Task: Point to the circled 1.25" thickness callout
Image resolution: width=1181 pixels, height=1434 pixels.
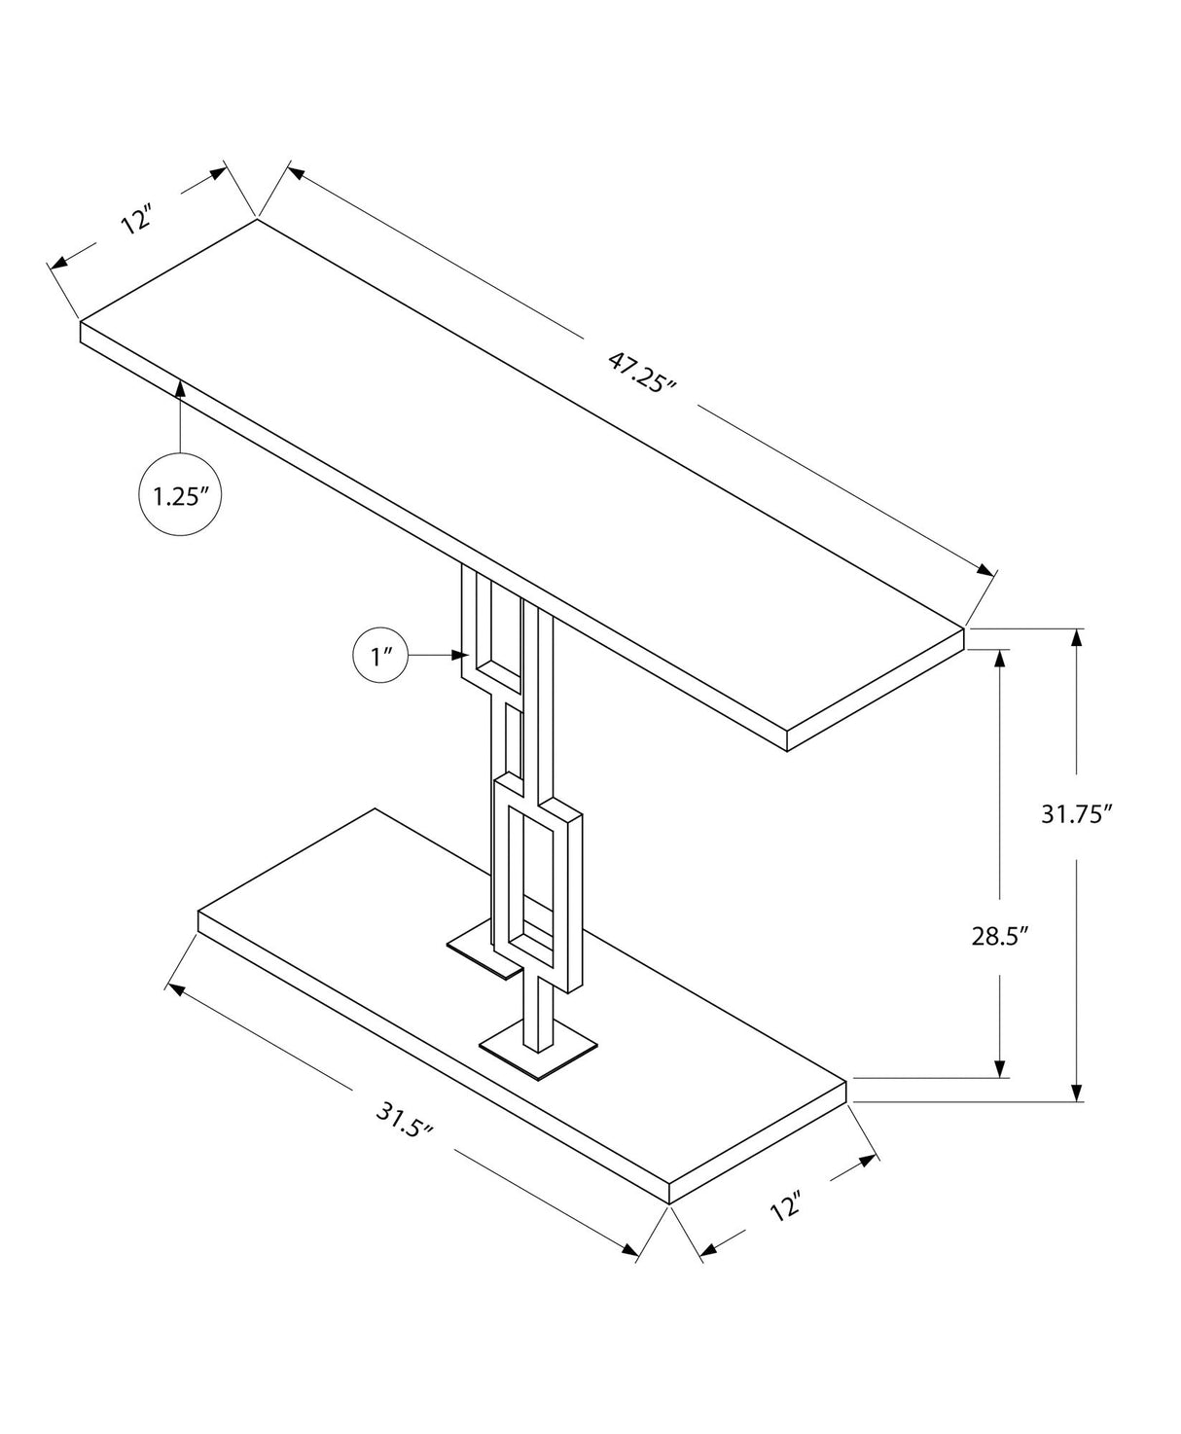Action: pos(181,495)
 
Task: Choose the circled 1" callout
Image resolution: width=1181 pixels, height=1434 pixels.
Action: pos(379,657)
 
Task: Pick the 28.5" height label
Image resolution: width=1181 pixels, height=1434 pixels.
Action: pos(999,936)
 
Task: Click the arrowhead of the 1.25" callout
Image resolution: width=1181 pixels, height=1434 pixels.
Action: pos(181,387)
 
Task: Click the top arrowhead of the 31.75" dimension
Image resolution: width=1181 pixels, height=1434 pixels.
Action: pos(1076,638)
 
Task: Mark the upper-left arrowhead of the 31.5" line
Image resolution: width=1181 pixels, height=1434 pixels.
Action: pos(176,989)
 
